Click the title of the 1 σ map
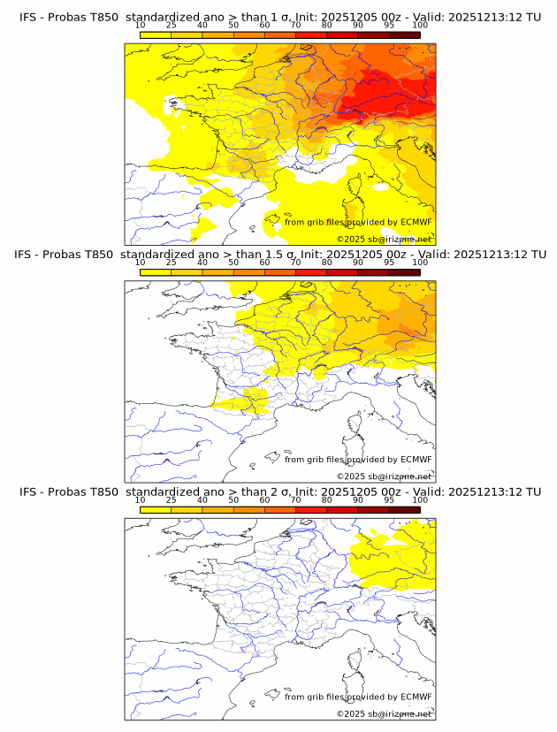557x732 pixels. click(279, 16)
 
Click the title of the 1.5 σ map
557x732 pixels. click(279, 254)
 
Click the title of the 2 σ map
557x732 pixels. click(279, 492)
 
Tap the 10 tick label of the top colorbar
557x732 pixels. click(140, 25)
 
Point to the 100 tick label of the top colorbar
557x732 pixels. click(419, 25)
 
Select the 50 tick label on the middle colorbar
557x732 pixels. click(233, 263)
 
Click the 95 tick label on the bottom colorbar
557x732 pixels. click(388, 500)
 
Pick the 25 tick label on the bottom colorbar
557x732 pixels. click(171, 500)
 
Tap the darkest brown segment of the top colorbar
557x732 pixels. click(404, 34)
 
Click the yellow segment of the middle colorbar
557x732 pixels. click(155, 272)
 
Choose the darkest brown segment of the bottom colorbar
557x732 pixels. click(404, 510)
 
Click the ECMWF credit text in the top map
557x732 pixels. click(358, 222)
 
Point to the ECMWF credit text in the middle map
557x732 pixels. click(358, 459)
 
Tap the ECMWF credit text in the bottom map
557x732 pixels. click(358, 697)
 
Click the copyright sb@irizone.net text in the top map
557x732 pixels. click(384, 239)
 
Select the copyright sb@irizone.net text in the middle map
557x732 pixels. click(384, 476)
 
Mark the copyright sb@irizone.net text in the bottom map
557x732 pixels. click(384, 713)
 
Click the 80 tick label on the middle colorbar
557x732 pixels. click(326, 263)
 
